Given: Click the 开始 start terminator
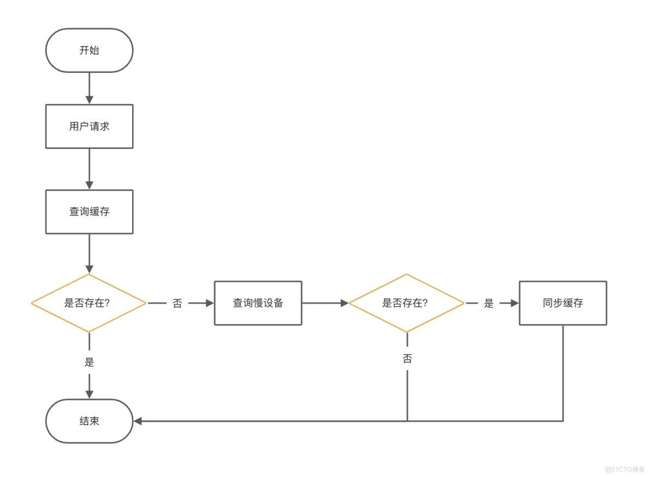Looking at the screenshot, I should [x=89, y=50].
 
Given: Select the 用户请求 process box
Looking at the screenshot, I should [x=89, y=126].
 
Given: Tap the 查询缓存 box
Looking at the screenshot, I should [x=89, y=212].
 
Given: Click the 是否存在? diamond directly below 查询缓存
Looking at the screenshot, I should [x=89, y=303].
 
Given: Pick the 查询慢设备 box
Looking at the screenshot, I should [x=258, y=303].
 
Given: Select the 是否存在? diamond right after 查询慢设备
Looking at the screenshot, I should [x=406, y=303].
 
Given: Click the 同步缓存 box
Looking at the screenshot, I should [x=563, y=303].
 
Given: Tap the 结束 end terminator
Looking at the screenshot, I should [x=89, y=421].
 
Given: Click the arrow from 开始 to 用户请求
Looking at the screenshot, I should [x=89, y=88].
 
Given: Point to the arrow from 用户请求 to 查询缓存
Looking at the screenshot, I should [x=89, y=169].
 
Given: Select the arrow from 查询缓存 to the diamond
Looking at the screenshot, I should [x=89, y=253].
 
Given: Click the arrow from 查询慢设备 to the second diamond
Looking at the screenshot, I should [x=324, y=303].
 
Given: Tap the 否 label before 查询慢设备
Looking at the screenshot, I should [x=177, y=303].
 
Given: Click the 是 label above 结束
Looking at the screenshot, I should [x=89, y=362].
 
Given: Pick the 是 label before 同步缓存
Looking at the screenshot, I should [x=489, y=303].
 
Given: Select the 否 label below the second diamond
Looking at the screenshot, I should [x=407, y=359].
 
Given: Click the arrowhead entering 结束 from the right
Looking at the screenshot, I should [x=138, y=421].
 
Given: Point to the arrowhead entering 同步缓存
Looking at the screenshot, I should [x=514, y=303].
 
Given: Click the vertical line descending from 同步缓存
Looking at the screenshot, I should [x=563, y=373].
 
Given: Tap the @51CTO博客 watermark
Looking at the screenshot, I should [x=625, y=469].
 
